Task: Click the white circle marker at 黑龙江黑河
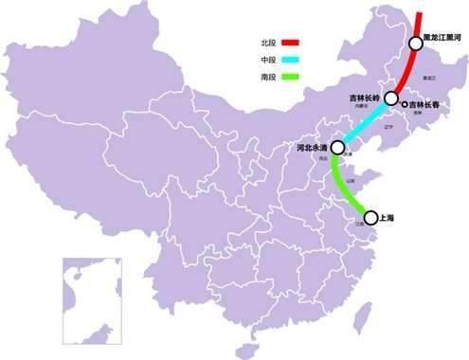(415, 44)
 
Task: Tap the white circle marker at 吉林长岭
(390, 99)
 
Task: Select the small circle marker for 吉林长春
(404, 104)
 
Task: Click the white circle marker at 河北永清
(337, 148)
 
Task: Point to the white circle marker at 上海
(370, 217)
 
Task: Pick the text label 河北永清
(312, 149)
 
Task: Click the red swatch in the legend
(290, 43)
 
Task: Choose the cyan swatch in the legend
(290, 60)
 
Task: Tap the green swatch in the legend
(290, 77)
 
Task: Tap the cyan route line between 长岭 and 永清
(364, 124)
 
